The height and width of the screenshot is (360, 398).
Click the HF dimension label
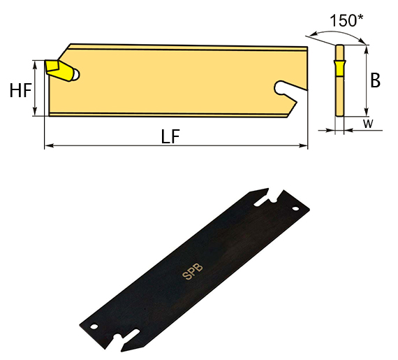pyautogui.click(x=20, y=90)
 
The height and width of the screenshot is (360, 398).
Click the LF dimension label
pyautogui.click(x=170, y=136)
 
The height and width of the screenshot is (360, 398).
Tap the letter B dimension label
pyautogui.click(x=376, y=80)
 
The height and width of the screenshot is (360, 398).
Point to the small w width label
pyautogui.click(x=368, y=124)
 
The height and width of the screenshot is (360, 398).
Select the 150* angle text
pyautogui.click(x=346, y=20)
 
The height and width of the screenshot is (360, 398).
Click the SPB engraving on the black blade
pyautogui.click(x=193, y=272)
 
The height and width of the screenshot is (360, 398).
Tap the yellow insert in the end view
pyautogui.click(x=339, y=69)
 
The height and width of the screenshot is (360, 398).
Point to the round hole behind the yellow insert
pyautogui.click(x=76, y=75)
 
